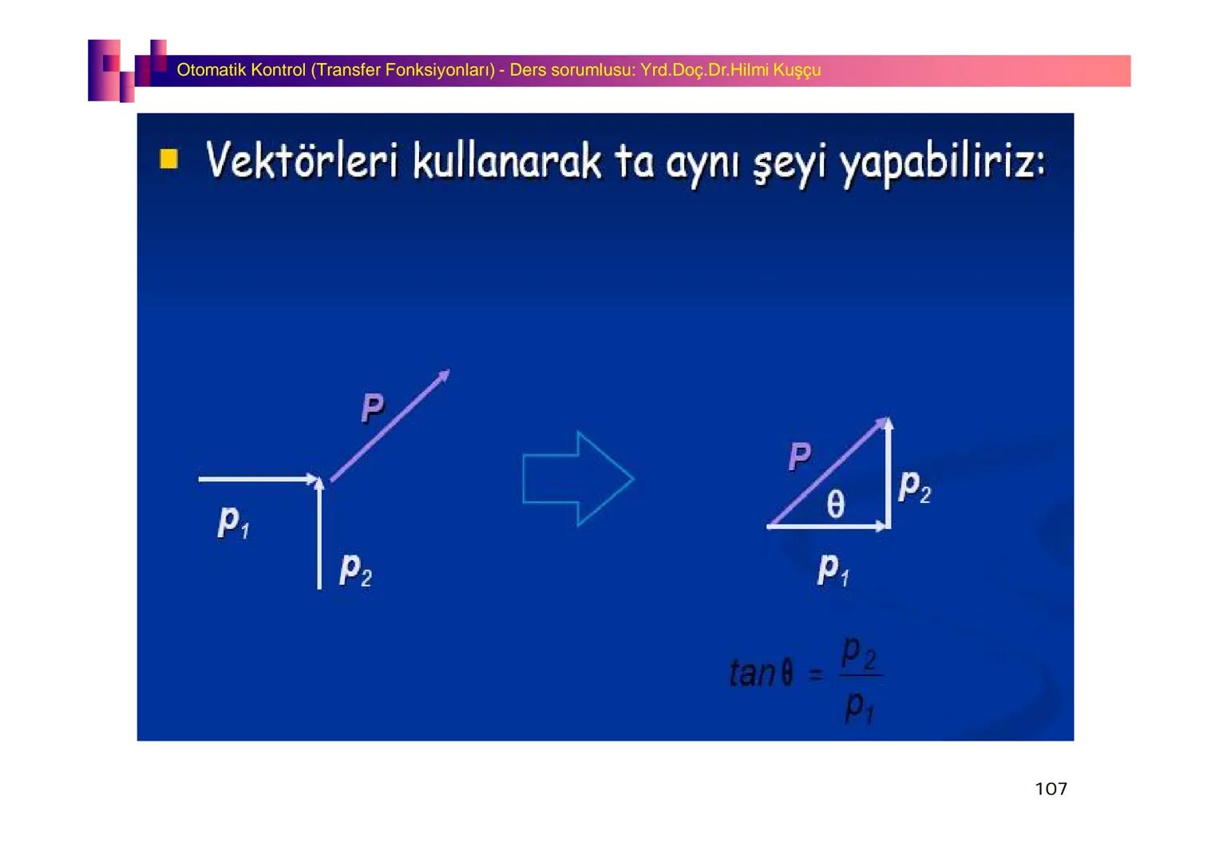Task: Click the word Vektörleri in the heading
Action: [x=301, y=161]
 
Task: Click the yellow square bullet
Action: [x=168, y=159]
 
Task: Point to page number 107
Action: [x=1051, y=789]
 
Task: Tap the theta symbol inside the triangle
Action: [x=835, y=504]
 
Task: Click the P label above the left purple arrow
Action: [x=372, y=408]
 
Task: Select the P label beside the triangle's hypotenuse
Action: [x=799, y=457]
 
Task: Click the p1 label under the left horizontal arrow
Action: [x=233, y=522]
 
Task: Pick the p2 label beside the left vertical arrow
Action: [x=355, y=570]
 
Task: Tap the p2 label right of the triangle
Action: [x=914, y=486]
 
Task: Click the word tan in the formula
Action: [x=751, y=673]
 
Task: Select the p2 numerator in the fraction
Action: [x=859, y=654]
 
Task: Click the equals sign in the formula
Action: [x=815, y=675]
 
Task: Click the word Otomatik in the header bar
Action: [x=212, y=70]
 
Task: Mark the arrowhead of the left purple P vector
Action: [x=444, y=375]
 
